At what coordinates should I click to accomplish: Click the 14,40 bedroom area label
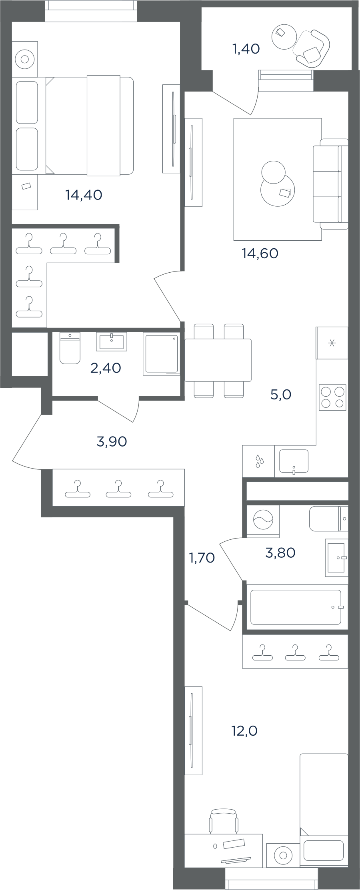pos(84,195)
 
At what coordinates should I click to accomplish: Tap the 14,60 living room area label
pos(260,253)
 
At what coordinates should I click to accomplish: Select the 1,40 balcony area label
pos(246,49)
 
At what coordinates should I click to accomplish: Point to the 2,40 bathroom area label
pos(106,368)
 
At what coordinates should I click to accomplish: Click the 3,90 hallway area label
pos(112,441)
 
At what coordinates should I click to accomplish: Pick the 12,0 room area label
pos(244,731)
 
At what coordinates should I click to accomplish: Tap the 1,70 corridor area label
pos(202,557)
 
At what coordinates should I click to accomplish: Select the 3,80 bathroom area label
pos(280,553)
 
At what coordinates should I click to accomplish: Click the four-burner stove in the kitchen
pos(332,397)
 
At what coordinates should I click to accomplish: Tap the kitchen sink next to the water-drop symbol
pos(294,461)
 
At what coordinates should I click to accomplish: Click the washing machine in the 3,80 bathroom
pos(263,521)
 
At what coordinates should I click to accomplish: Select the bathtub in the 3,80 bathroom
pos(296,607)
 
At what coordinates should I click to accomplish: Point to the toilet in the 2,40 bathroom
pos(70,348)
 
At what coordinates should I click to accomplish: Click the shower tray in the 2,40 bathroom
pos(162,354)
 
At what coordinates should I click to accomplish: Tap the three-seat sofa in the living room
pos(331,184)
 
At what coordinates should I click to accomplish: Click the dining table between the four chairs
pos(218,360)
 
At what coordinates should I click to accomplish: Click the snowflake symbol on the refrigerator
pos(332,343)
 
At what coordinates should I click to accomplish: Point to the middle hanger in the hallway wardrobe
pos(118,489)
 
